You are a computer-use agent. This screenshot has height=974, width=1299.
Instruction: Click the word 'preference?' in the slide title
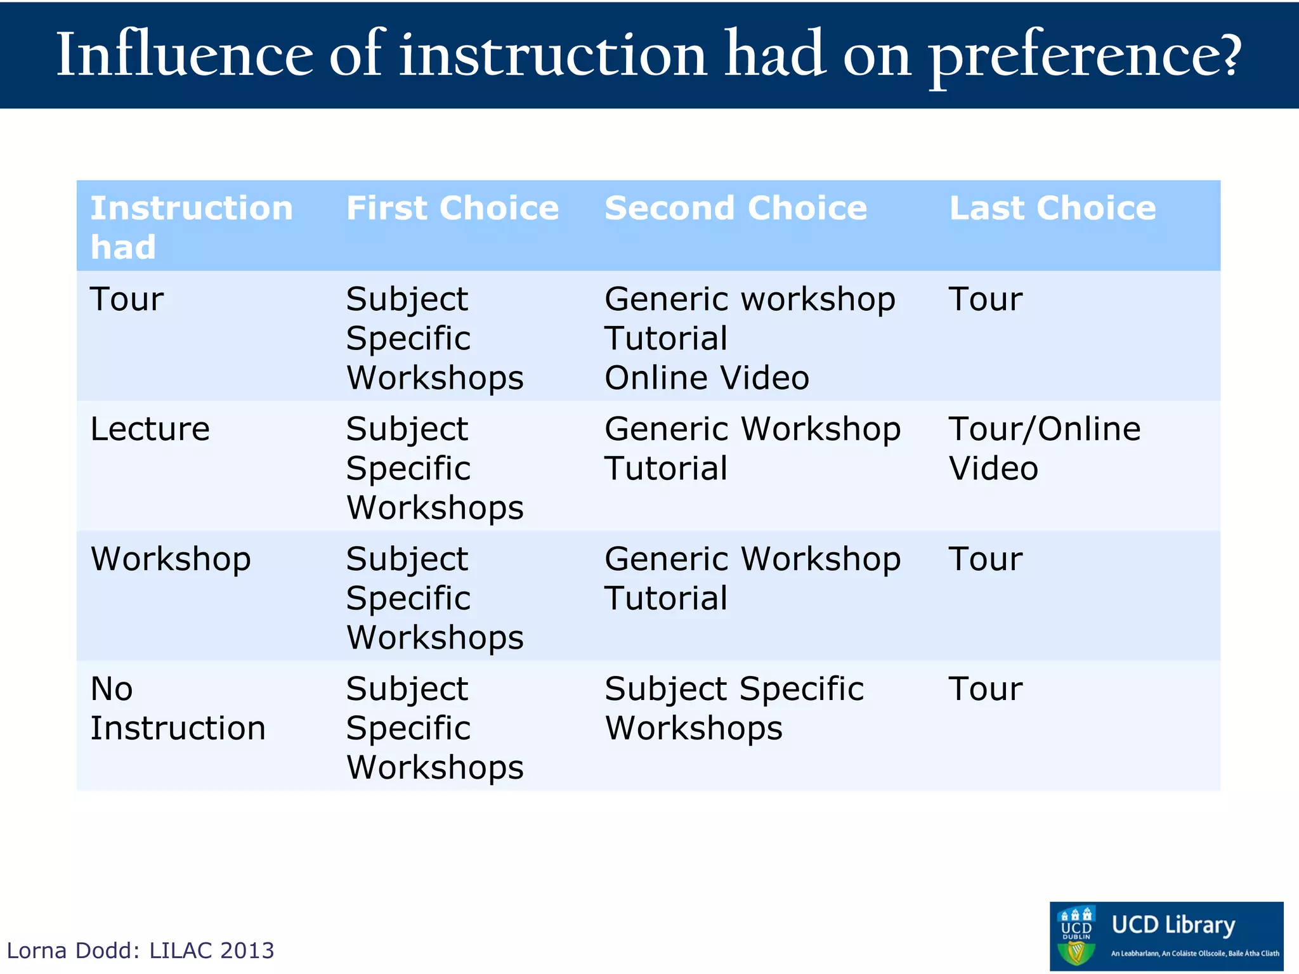[x=1085, y=57]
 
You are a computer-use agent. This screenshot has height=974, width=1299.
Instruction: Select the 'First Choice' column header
[x=452, y=208]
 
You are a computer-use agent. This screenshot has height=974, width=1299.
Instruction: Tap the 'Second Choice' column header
[x=736, y=208]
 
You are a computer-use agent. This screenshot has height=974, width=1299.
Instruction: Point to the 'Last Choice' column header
[x=1052, y=208]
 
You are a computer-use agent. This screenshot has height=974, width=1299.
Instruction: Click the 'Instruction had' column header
[x=191, y=227]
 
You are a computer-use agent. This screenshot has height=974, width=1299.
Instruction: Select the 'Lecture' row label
[x=150, y=429]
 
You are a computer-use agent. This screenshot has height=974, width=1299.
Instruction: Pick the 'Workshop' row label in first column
[x=171, y=559]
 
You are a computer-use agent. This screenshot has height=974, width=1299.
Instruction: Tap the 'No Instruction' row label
[x=177, y=708]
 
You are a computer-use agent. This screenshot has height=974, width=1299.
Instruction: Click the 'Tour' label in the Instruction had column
[x=127, y=299]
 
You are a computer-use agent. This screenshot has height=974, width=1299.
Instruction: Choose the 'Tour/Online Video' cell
[x=1044, y=448]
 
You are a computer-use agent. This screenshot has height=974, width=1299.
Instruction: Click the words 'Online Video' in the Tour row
[x=707, y=378]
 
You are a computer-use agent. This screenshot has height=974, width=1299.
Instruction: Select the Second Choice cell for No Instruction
[x=734, y=708]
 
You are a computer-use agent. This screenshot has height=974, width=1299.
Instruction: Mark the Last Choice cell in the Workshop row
[x=985, y=559]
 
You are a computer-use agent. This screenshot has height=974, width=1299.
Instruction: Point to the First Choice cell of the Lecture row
[x=435, y=468]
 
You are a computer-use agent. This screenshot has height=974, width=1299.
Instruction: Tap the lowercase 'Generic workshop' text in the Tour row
[x=750, y=299]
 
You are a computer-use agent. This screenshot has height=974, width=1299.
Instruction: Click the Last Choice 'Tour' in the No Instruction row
[x=985, y=689]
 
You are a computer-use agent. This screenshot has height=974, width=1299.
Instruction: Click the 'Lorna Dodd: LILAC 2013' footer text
[x=140, y=951]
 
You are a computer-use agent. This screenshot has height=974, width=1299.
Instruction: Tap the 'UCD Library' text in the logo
[x=1173, y=925]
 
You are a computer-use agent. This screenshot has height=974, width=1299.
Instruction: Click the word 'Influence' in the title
[x=184, y=56]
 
